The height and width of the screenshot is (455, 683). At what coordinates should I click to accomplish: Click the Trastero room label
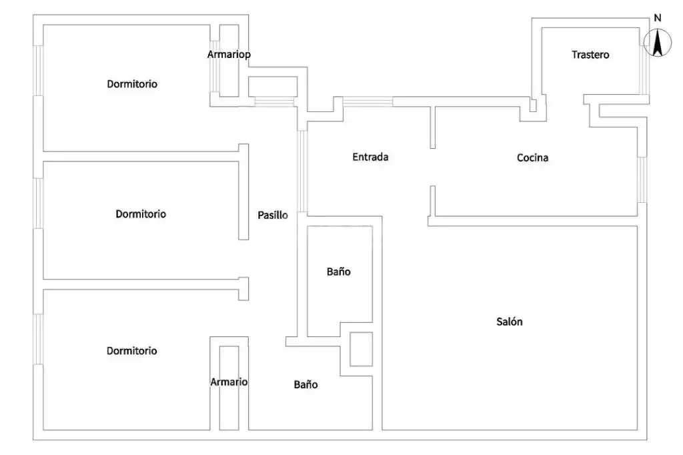point(590,55)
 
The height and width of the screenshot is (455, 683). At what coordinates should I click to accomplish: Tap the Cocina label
point(532,157)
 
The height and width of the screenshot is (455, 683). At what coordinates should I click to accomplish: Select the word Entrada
point(370,157)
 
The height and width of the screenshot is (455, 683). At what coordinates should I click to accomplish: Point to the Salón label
point(509,322)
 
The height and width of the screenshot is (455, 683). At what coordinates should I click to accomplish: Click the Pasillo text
point(273,215)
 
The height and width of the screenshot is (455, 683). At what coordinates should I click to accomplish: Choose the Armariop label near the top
point(229,55)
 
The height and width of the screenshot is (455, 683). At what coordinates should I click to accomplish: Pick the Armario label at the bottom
point(229,382)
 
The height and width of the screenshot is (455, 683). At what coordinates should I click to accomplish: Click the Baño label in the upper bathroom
point(338,272)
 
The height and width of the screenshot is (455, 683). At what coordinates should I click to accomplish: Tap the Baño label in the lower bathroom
point(305,384)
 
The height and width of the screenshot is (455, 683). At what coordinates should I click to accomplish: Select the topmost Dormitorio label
point(132,83)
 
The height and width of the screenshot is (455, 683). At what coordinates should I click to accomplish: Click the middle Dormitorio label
point(141,214)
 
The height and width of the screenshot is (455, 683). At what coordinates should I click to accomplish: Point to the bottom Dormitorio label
point(131,351)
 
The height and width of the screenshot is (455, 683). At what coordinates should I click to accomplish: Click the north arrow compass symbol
point(658,43)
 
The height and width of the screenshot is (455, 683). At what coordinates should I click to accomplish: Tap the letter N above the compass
point(658,18)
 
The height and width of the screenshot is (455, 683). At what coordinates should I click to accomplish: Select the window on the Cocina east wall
point(642,179)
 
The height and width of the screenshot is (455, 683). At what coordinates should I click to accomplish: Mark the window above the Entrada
point(368,101)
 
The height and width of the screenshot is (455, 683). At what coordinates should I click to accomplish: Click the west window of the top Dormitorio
point(38,70)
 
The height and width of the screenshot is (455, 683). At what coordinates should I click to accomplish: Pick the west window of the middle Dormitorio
point(38,203)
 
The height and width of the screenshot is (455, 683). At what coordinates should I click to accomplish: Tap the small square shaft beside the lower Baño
point(361,349)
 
